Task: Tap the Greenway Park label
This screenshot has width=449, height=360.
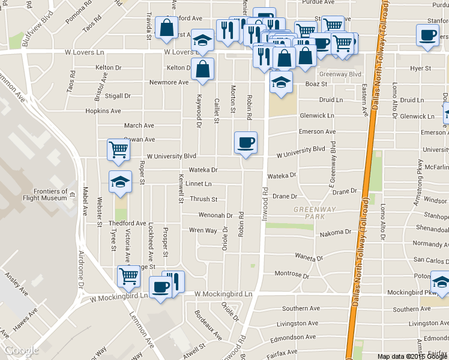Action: pyautogui.click(x=310, y=212)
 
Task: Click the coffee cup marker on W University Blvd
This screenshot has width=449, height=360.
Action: pyautogui.click(x=246, y=143)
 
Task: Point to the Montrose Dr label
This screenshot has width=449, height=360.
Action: pyautogui.click(x=291, y=275)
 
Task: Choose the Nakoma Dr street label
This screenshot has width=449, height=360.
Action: pyautogui.click(x=336, y=232)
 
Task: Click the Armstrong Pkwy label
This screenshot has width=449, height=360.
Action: pyautogui.click(x=418, y=191)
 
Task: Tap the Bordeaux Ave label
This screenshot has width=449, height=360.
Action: pyautogui.click(x=207, y=323)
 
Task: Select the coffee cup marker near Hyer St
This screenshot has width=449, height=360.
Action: pyautogui.click(x=427, y=35)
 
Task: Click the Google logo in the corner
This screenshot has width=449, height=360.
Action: pyautogui.click(x=22, y=350)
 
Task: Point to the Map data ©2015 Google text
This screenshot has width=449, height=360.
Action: pyautogui.click(x=412, y=356)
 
